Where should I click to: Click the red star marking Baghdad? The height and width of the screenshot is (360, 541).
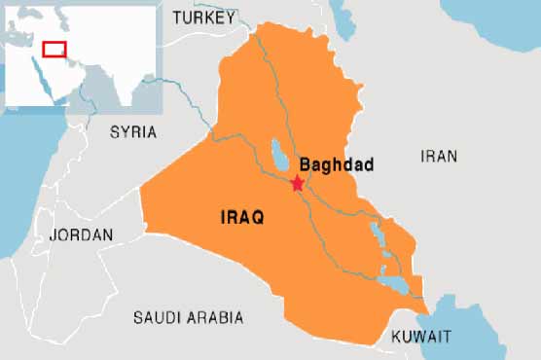click(298, 183)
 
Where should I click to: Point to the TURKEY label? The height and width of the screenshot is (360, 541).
click(203, 18)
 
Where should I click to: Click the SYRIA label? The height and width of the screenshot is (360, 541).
click(132, 131)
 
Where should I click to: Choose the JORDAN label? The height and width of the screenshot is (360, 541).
click(81, 235)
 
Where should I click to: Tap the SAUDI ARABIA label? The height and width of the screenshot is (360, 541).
click(188, 317)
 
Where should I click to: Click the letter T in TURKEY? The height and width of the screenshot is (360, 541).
click(176, 18)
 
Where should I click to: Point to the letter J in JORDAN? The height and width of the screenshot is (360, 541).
click(53, 235)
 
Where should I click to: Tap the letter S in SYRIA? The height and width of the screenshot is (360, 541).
click(113, 131)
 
